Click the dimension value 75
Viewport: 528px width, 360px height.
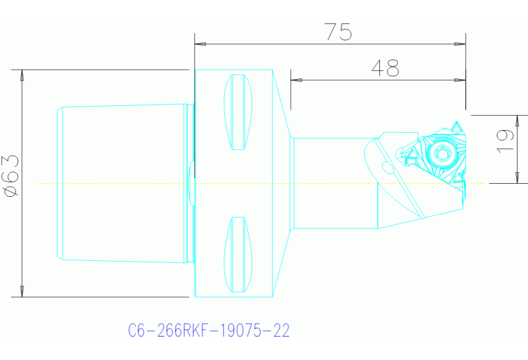pyautogui.click(x=338, y=32)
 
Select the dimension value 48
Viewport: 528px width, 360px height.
pyautogui.click(x=385, y=67)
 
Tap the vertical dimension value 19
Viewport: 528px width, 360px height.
pyautogui.click(x=505, y=140)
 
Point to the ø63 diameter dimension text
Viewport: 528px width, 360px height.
pyautogui.click(x=10, y=176)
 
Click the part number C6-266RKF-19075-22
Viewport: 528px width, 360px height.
pyautogui.click(x=209, y=331)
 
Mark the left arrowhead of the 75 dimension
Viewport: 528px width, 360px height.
pyautogui.click(x=200, y=43)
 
